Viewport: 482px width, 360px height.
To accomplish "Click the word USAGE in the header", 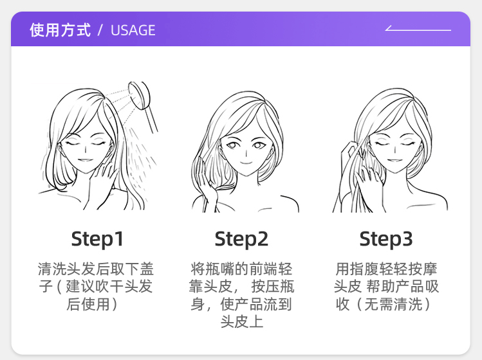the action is (133, 30).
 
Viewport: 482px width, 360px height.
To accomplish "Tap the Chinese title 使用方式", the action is (60, 30).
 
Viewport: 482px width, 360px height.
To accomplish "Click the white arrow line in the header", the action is (418, 30).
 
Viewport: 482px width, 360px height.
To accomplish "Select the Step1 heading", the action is (97, 239).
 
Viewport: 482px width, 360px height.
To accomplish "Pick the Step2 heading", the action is (241, 239).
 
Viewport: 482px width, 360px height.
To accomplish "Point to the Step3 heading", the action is (385, 239).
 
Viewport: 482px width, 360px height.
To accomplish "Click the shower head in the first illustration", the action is (139, 95).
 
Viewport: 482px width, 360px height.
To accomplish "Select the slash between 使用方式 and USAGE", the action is (100, 30).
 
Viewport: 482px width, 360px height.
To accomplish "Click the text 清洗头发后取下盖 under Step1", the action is (96, 269).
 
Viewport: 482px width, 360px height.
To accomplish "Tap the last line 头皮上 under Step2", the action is (241, 322).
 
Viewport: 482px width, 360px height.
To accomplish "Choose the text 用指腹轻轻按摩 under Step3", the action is (386, 269).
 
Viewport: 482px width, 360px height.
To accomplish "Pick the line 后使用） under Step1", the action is (93, 305).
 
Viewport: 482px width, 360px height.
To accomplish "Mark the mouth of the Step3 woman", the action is (394, 160).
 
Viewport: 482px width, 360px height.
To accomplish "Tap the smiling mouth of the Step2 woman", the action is (246, 163).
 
